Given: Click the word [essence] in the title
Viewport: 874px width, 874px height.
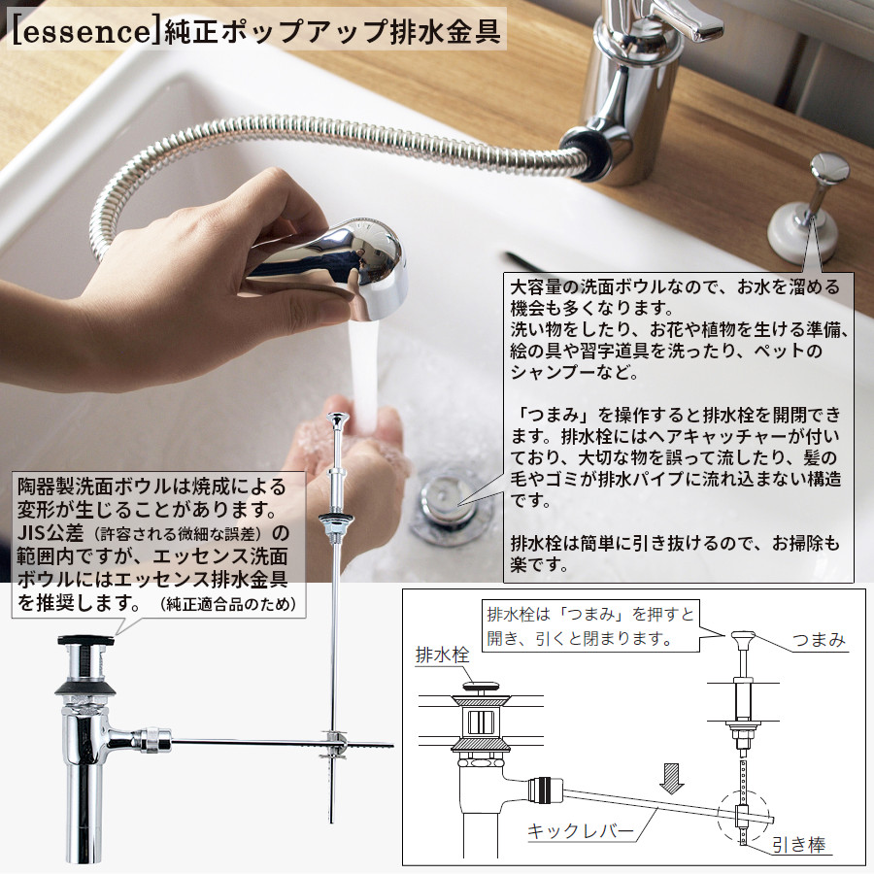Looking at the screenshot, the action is [x=82, y=32].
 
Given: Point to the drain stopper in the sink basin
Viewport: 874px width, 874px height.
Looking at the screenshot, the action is [x=445, y=503].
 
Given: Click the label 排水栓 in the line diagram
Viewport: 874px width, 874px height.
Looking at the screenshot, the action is [x=443, y=655].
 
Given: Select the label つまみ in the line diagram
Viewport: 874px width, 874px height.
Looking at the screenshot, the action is [x=819, y=639].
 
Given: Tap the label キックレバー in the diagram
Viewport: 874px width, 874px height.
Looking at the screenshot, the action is [x=581, y=832].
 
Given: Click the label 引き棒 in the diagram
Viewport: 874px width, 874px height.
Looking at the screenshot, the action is [x=799, y=846].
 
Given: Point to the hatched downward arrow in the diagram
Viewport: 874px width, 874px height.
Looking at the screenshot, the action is [x=672, y=779].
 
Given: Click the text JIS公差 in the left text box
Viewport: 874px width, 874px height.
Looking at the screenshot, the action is [x=50, y=533].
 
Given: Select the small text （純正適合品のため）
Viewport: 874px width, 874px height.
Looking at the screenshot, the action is [x=228, y=604].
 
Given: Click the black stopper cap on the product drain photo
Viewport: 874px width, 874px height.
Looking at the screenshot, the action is [x=86, y=641].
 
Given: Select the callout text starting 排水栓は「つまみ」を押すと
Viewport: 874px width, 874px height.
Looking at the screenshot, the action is [x=590, y=626].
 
